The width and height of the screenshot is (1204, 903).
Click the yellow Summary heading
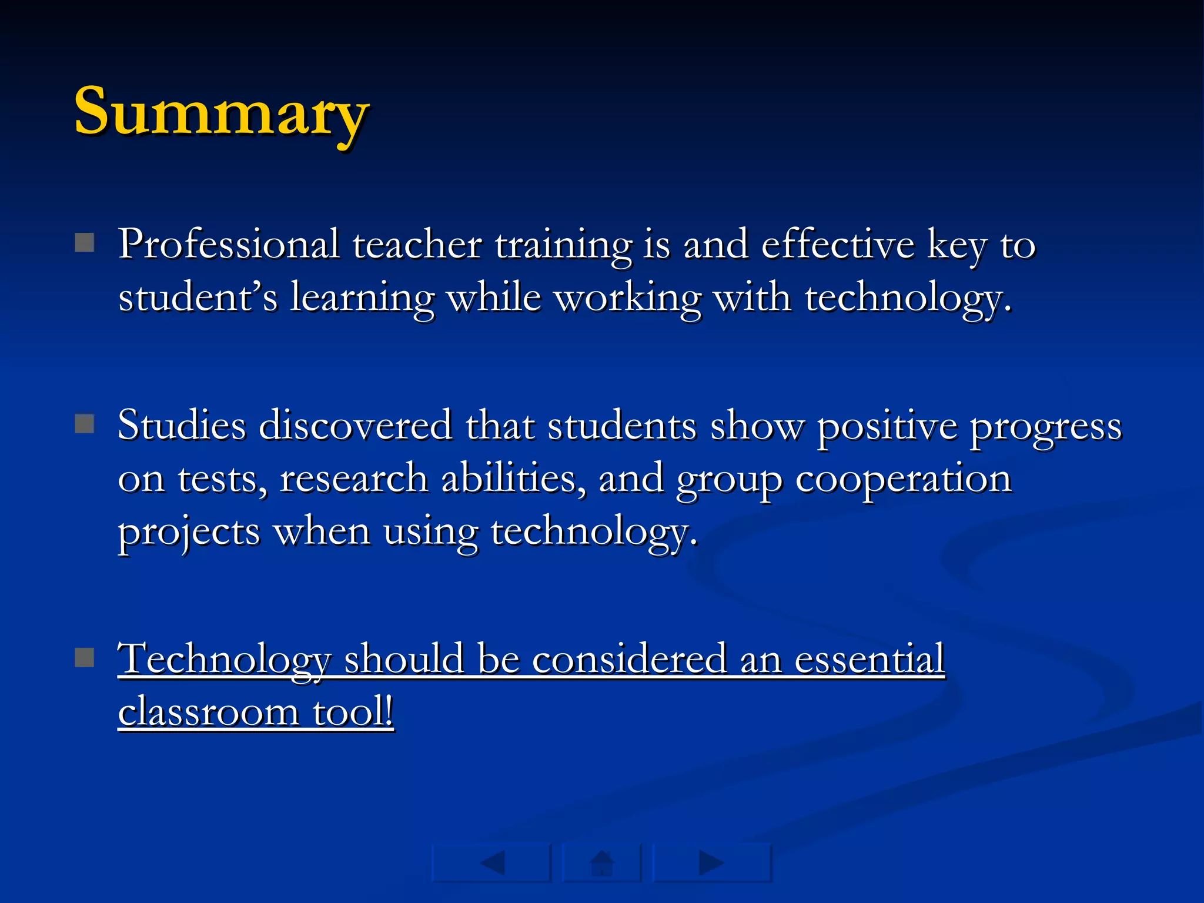click(221, 112)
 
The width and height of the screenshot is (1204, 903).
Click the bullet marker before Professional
click(85, 242)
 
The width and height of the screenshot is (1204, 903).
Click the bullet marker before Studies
click(85, 423)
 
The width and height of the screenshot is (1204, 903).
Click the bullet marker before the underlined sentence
click(85, 657)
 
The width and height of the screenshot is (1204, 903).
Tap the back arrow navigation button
click(491, 863)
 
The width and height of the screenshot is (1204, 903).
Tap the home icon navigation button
click(601, 863)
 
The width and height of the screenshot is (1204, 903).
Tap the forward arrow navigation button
click(711, 863)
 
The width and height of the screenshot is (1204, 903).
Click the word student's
click(198, 297)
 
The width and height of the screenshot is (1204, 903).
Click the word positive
click(887, 426)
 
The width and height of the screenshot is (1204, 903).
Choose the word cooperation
click(903, 479)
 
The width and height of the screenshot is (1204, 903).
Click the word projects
click(189, 532)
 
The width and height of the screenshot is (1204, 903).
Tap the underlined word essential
click(869, 658)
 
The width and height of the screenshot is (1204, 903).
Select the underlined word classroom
click(209, 712)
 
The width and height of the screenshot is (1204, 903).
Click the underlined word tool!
click(353, 712)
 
